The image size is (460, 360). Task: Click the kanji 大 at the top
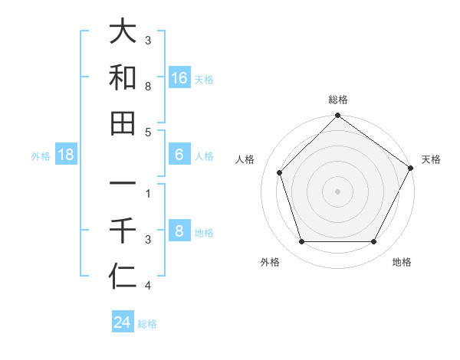click(123, 32)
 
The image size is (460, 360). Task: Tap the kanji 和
click(123, 77)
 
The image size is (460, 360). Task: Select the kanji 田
click(123, 123)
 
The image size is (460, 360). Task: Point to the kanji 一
click(123, 185)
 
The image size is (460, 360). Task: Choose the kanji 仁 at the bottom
click(123, 275)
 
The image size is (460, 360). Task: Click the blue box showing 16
click(179, 78)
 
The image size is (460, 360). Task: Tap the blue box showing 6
click(179, 155)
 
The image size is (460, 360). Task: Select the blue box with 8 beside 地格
click(179, 232)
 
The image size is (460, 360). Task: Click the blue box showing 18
click(66, 155)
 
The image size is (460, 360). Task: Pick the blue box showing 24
click(123, 322)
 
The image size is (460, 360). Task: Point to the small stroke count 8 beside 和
click(148, 87)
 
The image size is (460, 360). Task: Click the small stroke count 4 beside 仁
click(148, 286)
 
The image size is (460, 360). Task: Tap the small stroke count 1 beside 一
click(148, 194)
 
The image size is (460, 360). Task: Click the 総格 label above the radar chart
click(338, 100)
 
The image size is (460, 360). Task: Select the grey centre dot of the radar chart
click(338, 191)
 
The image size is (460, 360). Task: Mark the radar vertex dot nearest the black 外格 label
click(301, 241)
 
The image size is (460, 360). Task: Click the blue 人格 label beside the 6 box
click(204, 156)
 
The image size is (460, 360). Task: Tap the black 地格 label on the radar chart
click(402, 263)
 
